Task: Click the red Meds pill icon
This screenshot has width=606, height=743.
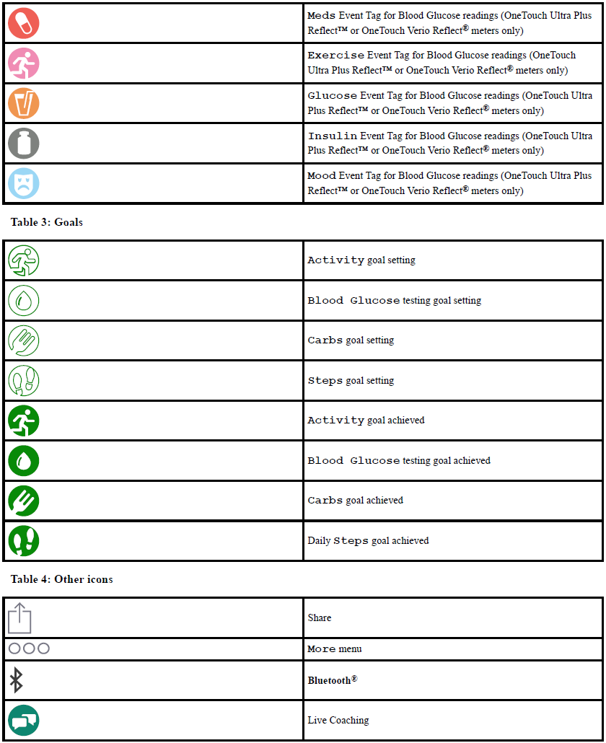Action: (24, 24)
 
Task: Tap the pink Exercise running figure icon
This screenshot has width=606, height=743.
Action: (24, 63)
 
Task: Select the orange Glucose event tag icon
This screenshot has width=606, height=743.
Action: (24, 103)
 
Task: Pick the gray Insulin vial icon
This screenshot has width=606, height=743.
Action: (24, 144)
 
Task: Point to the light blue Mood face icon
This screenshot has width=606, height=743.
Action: (24, 183)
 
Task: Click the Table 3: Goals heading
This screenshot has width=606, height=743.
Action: (47, 222)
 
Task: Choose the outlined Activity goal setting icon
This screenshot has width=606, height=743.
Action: (24, 260)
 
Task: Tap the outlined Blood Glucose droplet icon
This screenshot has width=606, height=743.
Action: (24, 300)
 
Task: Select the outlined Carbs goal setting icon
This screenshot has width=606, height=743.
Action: (24, 340)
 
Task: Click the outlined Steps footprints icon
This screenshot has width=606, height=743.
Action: (24, 380)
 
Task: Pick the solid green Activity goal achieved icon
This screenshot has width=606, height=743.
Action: (24, 421)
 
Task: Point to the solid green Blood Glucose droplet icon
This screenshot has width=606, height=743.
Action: (24, 460)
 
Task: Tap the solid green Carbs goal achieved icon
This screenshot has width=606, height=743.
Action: (24, 501)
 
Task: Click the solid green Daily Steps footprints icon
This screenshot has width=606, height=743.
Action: (24, 540)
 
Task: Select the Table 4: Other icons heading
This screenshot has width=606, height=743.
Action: (62, 579)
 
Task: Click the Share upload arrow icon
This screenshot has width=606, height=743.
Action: (20, 618)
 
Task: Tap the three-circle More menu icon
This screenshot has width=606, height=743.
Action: (29, 649)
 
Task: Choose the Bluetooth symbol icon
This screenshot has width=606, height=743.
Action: (16, 680)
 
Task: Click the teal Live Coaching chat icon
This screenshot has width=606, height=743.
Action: (24, 720)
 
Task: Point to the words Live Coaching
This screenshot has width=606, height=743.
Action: (338, 720)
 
